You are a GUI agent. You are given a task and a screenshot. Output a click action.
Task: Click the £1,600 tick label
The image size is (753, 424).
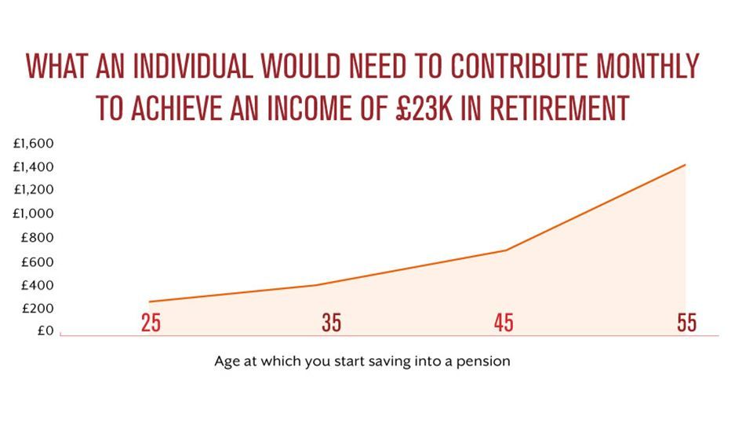click(33, 143)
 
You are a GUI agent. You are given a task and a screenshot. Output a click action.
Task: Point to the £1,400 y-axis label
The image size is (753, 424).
click(33, 166)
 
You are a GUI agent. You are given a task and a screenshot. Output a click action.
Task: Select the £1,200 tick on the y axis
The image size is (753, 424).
click(33, 189)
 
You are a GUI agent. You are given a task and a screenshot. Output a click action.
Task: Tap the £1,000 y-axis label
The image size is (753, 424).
click(33, 213)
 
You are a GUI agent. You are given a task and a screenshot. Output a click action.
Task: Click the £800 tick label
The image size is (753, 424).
click(37, 237)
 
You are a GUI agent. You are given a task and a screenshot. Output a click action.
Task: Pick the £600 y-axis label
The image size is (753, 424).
click(37, 262)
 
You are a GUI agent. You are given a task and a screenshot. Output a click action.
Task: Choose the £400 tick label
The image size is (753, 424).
click(37, 285)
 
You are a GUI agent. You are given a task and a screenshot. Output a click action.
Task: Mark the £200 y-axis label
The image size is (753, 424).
click(38, 308)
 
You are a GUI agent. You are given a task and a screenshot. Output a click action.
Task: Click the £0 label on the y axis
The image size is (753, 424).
click(45, 331)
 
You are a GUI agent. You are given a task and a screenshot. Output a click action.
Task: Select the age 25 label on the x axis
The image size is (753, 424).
click(151, 323)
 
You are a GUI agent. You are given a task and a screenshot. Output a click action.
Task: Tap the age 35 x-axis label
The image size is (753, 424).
click(331, 323)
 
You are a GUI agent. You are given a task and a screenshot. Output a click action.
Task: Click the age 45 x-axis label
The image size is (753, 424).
click(504, 323)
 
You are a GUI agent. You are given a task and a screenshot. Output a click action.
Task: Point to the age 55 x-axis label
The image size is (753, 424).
click(687, 323)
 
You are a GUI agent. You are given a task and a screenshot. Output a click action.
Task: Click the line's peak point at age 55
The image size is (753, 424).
click(685, 165)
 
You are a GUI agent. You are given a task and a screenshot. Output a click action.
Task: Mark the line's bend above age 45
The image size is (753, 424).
click(506, 250)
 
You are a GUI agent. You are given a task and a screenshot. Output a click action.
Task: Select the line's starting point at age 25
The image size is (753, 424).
click(149, 302)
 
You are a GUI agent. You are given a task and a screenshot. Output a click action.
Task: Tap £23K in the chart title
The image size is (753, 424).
click(424, 108)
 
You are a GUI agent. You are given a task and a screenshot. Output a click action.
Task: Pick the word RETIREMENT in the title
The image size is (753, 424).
click(559, 108)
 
